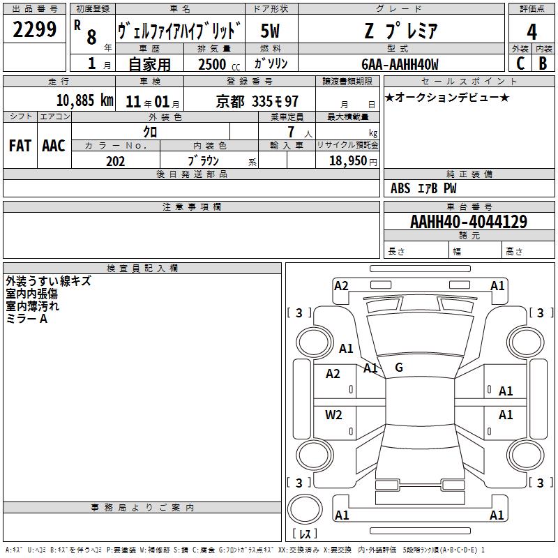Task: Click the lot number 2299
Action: pyautogui.click(x=34, y=29)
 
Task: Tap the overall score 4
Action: pyautogui.click(x=531, y=31)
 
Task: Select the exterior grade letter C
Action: pyautogui.click(x=520, y=63)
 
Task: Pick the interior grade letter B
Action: pyautogui.click(x=543, y=63)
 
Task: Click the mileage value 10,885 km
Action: pyautogui.click(x=85, y=100)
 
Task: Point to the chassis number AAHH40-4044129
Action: pyautogui.click(x=468, y=222)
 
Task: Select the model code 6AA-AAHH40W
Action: pyautogui.click(x=400, y=64)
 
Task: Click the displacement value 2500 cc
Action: pyautogui.click(x=219, y=64)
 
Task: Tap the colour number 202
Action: pyautogui.click(x=115, y=161)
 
